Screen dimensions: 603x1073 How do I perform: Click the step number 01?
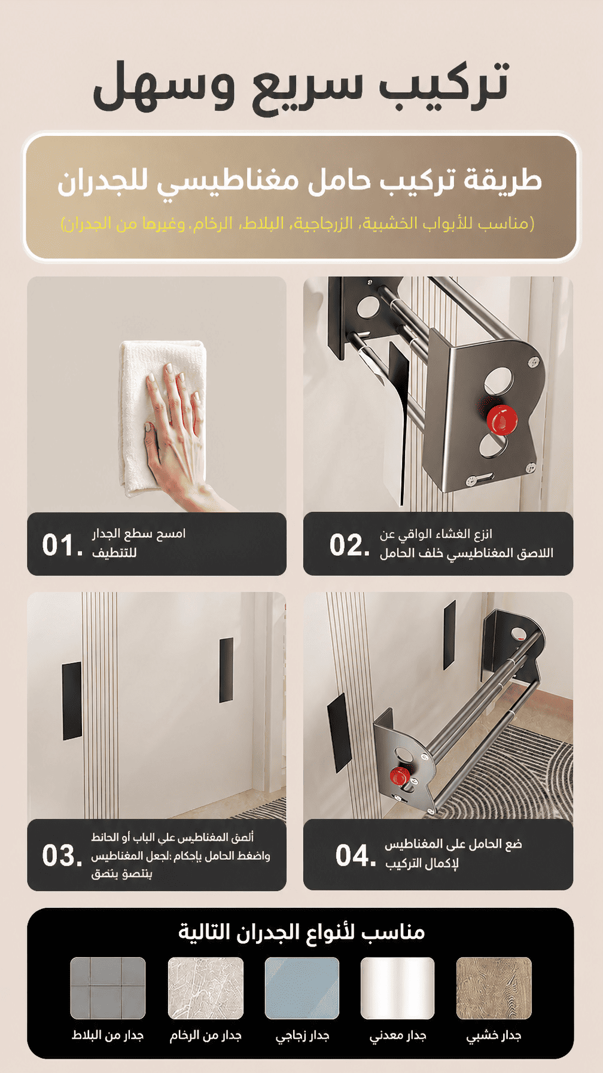click(62, 545)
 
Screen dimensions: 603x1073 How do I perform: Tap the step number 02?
click(350, 545)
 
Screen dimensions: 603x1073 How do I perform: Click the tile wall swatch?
click(108, 988)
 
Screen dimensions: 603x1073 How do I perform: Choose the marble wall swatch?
click(206, 988)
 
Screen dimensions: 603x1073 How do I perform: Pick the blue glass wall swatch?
click(302, 988)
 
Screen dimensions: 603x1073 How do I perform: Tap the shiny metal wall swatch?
click(397, 988)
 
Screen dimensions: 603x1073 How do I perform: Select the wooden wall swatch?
click(494, 988)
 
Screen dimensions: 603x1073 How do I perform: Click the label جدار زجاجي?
click(303, 1036)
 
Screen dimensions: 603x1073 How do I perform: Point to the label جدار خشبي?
click(494, 1036)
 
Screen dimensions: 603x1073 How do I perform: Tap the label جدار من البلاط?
click(108, 1035)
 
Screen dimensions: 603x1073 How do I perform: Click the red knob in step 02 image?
click(501, 419)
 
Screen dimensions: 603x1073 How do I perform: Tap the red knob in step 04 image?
click(399, 776)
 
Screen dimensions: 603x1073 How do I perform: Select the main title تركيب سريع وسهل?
click(301, 85)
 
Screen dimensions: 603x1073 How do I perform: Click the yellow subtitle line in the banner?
click(297, 223)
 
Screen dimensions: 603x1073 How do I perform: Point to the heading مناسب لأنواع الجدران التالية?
click(301, 932)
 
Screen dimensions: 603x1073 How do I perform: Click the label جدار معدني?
click(398, 1036)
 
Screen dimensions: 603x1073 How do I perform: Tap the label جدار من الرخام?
click(205, 1035)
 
